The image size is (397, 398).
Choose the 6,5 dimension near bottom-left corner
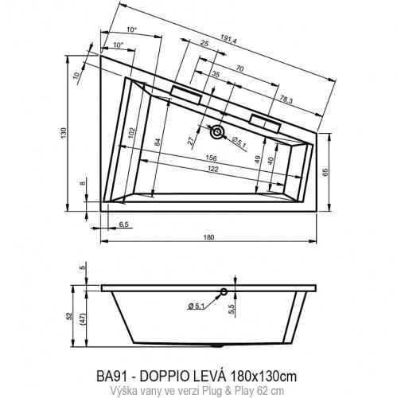[123, 225]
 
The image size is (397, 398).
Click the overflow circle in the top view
[217, 131]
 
